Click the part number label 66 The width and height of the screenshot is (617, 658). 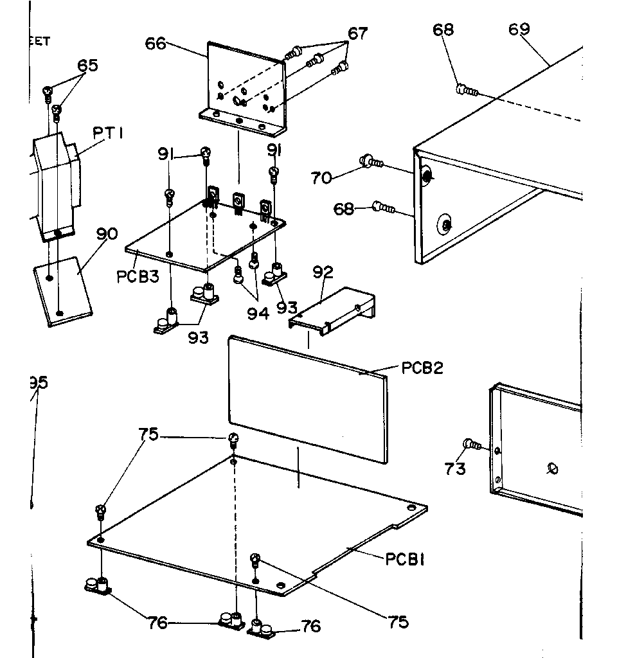click(x=156, y=44)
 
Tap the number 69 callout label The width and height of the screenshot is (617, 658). click(x=520, y=30)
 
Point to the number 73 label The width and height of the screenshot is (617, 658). click(x=455, y=469)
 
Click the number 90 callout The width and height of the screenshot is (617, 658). click(x=107, y=234)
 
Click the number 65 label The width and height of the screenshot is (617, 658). click(x=88, y=66)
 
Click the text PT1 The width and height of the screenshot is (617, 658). click(x=109, y=134)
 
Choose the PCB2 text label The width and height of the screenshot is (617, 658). click(x=422, y=368)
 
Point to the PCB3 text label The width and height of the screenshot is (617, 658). click(x=138, y=277)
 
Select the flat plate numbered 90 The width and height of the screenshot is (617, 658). click(x=62, y=291)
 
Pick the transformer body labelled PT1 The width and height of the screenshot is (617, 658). click(x=55, y=183)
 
